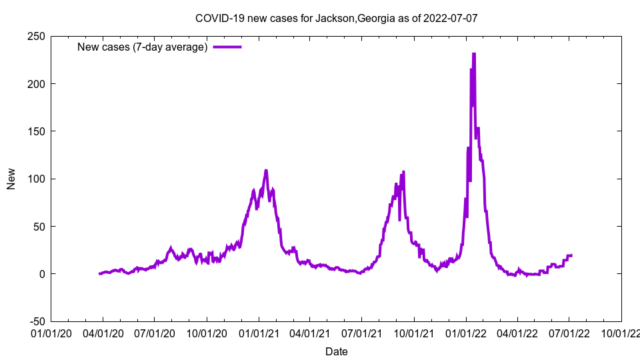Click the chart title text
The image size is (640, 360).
[x=336, y=19]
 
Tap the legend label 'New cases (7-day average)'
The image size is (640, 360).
[x=143, y=47]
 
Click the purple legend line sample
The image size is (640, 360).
[x=227, y=47]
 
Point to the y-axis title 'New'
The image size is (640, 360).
[x=11, y=179]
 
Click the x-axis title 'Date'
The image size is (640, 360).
[x=336, y=351]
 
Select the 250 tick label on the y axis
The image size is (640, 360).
[x=36, y=36]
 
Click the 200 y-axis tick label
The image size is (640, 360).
[x=36, y=84]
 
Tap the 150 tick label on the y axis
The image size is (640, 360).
[x=36, y=131]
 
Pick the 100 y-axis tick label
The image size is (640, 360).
[x=36, y=179]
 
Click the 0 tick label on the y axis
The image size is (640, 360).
[x=41, y=274]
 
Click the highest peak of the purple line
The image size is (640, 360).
[x=473, y=54]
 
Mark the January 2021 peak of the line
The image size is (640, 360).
[x=266, y=171]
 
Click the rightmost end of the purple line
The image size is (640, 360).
[x=571, y=255]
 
